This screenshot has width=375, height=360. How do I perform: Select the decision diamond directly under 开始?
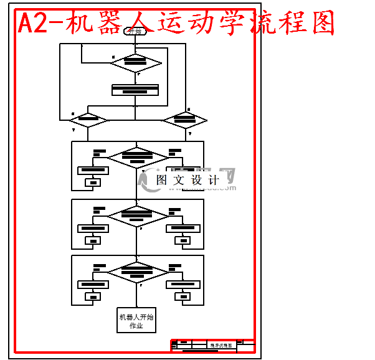click(135, 62)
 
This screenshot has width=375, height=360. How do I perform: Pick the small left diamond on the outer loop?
click(88, 120)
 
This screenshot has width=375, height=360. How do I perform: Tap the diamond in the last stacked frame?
click(138, 272)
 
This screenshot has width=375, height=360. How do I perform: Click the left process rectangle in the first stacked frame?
click(93, 170)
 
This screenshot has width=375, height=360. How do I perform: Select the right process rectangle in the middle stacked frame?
click(183, 228)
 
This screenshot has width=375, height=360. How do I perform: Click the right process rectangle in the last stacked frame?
click(183, 285)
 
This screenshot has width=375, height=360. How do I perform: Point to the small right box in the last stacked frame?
click(183, 297)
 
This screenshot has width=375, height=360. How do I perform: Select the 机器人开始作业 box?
click(136, 320)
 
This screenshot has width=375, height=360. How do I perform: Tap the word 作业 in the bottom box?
click(136, 326)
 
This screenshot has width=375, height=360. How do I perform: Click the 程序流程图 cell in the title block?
click(221, 345)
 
